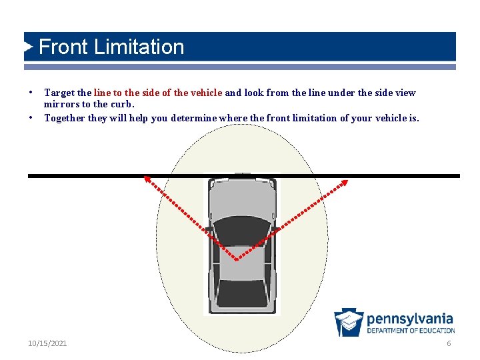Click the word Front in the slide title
(64, 47)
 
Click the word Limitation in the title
(139, 47)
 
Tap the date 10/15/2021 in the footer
(47, 343)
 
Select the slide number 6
(449, 343)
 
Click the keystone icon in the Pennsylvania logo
(349, 322)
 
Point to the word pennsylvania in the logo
(409, 319)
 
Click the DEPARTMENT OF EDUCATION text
(410, 331)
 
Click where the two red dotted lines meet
(237, 259)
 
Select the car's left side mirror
(208, 229)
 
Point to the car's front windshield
(241, 227)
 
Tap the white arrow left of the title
(28, 47)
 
